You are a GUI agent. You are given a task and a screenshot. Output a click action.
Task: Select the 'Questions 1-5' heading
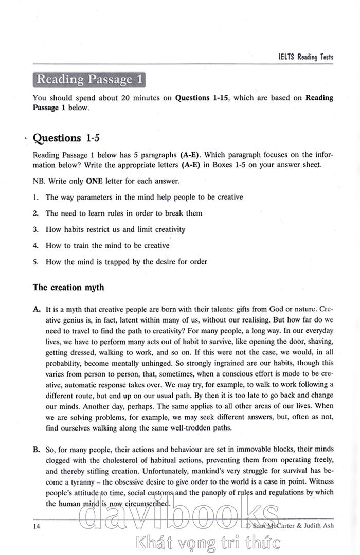[x=64, y=138]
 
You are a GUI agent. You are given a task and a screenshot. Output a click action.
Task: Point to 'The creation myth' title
[x=68, y=287]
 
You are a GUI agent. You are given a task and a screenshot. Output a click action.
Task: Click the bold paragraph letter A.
[x=37, y=309]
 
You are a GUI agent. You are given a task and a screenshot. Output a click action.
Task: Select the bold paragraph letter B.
[x=37, y=450]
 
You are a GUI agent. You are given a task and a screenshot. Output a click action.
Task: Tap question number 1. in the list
[x=36, y=197]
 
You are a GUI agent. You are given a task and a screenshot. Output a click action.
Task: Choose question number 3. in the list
[x=36, y=229]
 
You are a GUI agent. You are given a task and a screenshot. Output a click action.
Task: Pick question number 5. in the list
[x=36, y=261]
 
